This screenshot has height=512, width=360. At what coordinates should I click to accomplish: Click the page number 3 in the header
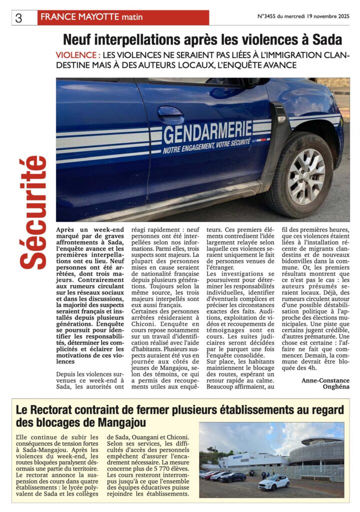tap(19, 18)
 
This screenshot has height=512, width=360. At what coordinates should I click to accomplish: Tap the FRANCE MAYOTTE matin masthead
tap(91, 17)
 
